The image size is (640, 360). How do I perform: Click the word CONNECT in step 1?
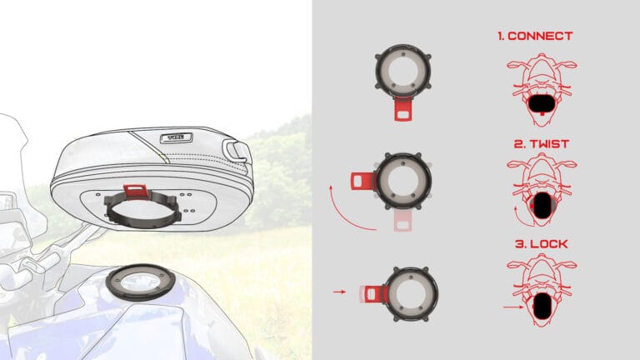pyautogui.click(x=540, y=36)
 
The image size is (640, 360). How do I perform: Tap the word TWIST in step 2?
pyautogui.click(x=549, y=144)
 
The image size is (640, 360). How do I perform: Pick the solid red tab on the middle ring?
pyautogui.click(x=362, y=181)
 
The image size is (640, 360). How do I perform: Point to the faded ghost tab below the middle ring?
pyautogui.click(x=402, y=220)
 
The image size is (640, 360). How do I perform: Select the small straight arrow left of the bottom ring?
pyautogui.click(x=340, y=292)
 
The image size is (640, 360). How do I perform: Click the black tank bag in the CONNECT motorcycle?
pyautogui.click(x=542, y=104)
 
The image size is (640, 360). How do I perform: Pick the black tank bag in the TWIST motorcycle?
pyautogui.click(x=542, y=205)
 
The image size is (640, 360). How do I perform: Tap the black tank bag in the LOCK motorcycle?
pyautogui.click(x=542, y=306)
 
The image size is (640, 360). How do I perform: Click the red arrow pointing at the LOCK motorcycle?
pyautogui.click(x=513, y=307)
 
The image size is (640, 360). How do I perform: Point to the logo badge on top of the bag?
pyautogui.click(x=177, y=137)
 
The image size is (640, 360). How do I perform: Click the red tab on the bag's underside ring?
pyautogui.click(x=135, y=191)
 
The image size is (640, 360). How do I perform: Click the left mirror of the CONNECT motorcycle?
pyautogui.click(x=514, y=64)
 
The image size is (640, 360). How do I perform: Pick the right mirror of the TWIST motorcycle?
pyautogui.click(x=568, y=164)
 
